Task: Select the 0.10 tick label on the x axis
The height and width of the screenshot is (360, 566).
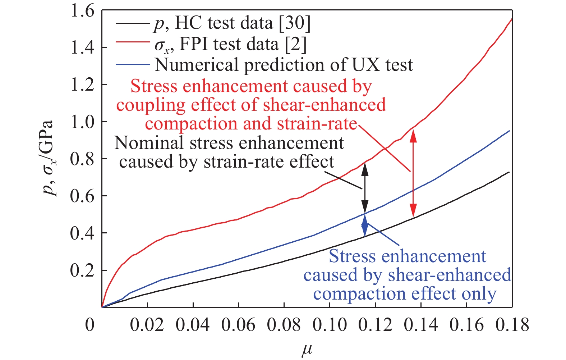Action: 330,324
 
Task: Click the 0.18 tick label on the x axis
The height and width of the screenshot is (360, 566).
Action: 512,324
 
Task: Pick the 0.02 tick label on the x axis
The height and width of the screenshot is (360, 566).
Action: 147,324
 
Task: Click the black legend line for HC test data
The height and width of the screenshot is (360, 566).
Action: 132,24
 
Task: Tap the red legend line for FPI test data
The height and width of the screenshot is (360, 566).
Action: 132,44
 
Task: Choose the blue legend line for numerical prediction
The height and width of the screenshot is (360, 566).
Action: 132,65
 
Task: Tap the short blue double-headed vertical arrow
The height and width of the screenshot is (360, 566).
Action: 365,225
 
